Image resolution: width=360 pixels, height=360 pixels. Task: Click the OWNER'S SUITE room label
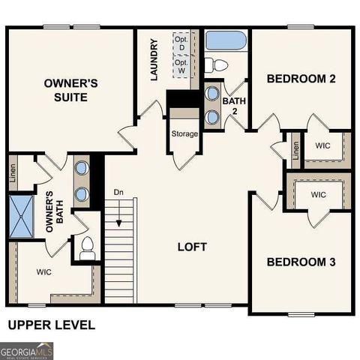click(71, 90)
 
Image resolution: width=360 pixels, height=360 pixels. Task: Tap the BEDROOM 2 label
click(300, 79)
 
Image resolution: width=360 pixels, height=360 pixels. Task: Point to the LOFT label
click(191, 247)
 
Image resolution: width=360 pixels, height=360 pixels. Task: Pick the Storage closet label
click(184, 134)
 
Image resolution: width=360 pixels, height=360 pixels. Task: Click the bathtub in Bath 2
click(225, 40)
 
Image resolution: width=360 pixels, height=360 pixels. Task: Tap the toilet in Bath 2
click(213, 63)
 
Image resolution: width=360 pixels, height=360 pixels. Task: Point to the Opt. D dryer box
click(181, 43)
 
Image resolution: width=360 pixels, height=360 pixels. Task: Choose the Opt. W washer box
click(181, 67)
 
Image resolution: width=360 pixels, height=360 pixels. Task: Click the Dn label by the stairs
click(118, 192)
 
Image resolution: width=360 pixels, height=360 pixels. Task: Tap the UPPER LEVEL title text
click(51, 325)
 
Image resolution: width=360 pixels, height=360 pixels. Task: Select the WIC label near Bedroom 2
click(323, 145)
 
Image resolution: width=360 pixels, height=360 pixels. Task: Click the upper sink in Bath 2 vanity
click(211, 95)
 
